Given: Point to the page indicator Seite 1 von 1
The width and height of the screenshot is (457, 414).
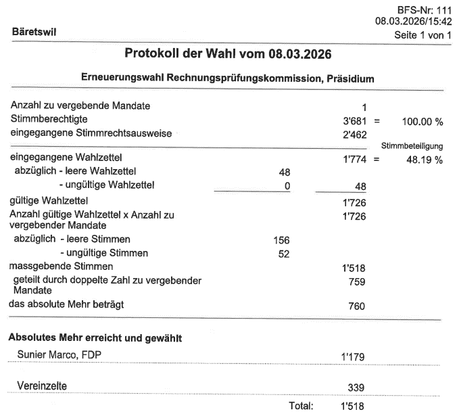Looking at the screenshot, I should coord(421,34).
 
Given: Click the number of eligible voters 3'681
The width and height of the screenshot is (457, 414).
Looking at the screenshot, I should coord(355,120).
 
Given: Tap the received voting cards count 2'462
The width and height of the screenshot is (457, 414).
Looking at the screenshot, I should coord(355,134).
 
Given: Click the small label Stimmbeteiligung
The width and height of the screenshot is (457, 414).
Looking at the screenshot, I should coord(412,146).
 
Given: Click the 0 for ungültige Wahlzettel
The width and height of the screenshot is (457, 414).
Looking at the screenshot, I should coord(287,185).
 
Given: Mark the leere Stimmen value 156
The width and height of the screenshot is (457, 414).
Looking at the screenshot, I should coord(281,240).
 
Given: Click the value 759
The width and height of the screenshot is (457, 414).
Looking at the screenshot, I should coord(357,282).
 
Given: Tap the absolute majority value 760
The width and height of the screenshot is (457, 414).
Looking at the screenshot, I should coord(357,306).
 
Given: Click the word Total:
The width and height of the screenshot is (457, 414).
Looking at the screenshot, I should coord(301,407).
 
